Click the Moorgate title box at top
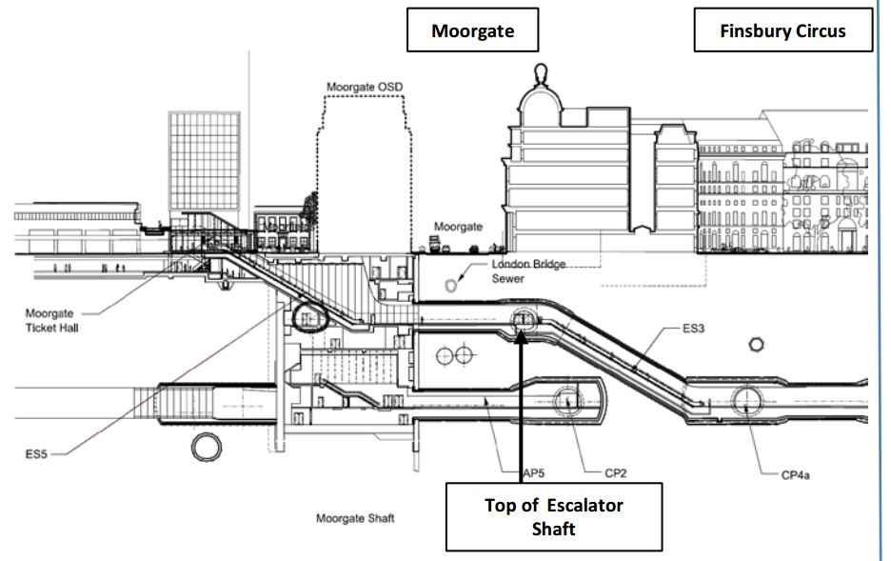pos(472,30)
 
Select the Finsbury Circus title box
pos(782,30)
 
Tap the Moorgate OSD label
pos(365,88)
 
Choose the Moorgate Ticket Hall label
pos(49,320)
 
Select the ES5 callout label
pos(37,454)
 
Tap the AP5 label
pos(515,471)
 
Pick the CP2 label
pos(616,471)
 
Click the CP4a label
pos(795,472)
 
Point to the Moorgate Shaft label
pos(355,518)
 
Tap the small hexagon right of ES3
pos(759,343)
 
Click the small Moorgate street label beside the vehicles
pos(458,227)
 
